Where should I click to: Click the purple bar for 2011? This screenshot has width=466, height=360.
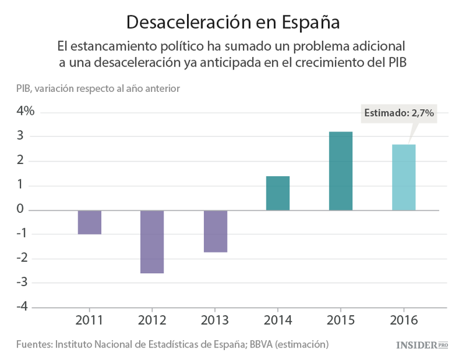pos(89,222)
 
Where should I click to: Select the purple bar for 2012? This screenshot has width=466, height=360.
pos(152,241)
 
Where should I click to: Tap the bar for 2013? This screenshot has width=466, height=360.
pos(215,231)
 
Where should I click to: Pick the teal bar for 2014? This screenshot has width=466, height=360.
pos(278,193)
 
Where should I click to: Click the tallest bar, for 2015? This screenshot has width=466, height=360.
pos(340,171)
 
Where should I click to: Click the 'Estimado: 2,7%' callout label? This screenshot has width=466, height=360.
pos(398,113)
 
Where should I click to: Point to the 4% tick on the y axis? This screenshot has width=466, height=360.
pos(25,112)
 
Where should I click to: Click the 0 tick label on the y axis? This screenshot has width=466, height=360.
pos(21,210)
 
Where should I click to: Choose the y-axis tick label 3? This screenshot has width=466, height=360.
pos(21,136)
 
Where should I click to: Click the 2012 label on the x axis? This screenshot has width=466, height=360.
pos(152,320)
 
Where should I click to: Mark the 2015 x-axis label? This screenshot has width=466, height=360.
pos(340,320)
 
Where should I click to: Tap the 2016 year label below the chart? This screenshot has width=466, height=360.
pos(403,320)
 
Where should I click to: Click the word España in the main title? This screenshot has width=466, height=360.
pos(310,22)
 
